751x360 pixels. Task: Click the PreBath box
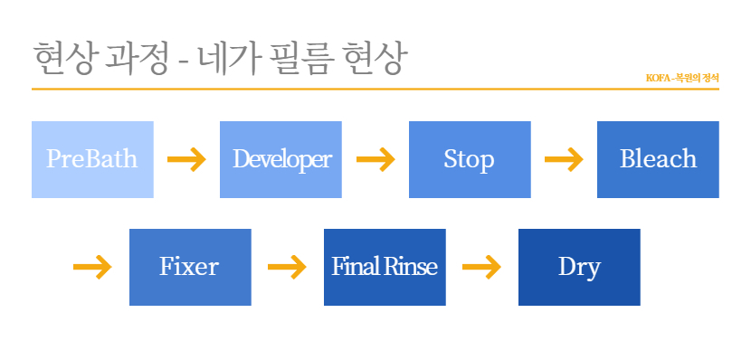[92, 159]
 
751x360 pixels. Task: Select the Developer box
[280, 159]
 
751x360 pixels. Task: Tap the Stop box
[470, 159]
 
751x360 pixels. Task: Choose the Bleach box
[658, 159]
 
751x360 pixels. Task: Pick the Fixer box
[190, 267]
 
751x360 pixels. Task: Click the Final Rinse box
[385, 267]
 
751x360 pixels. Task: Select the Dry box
[579, 267]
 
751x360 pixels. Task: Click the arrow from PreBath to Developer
[186, 159]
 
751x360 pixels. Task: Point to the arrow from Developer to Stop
[375, 159]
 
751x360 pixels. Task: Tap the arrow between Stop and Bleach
[564, 159]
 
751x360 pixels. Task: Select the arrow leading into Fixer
[92, 267]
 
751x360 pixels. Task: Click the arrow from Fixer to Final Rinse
[287, 267]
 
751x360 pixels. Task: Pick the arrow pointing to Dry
[481, 267]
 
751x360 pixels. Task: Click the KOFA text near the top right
[657, 78]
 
